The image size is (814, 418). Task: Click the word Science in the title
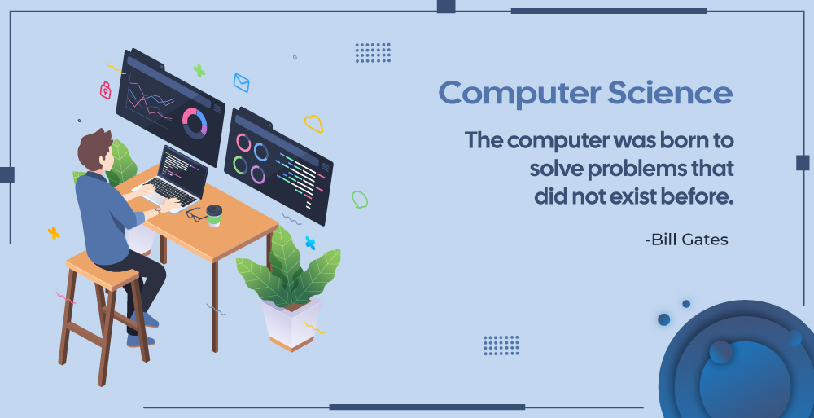[670, 93]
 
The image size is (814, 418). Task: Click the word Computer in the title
[519, 94]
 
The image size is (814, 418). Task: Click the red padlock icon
[105, 90]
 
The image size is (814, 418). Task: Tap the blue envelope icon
[242, 82]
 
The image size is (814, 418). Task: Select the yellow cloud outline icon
[314, 123]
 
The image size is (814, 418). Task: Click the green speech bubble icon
[359, 199]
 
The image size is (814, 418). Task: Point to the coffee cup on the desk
[214, 215]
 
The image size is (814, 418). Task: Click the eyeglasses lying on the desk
[195, 214]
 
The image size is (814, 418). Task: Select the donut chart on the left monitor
[195, 123]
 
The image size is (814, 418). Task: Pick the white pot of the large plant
[291, 324]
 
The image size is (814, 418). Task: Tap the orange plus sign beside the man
[54, 233]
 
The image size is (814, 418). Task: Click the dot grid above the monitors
[374, 53]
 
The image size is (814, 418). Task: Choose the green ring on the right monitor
[240, 165]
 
